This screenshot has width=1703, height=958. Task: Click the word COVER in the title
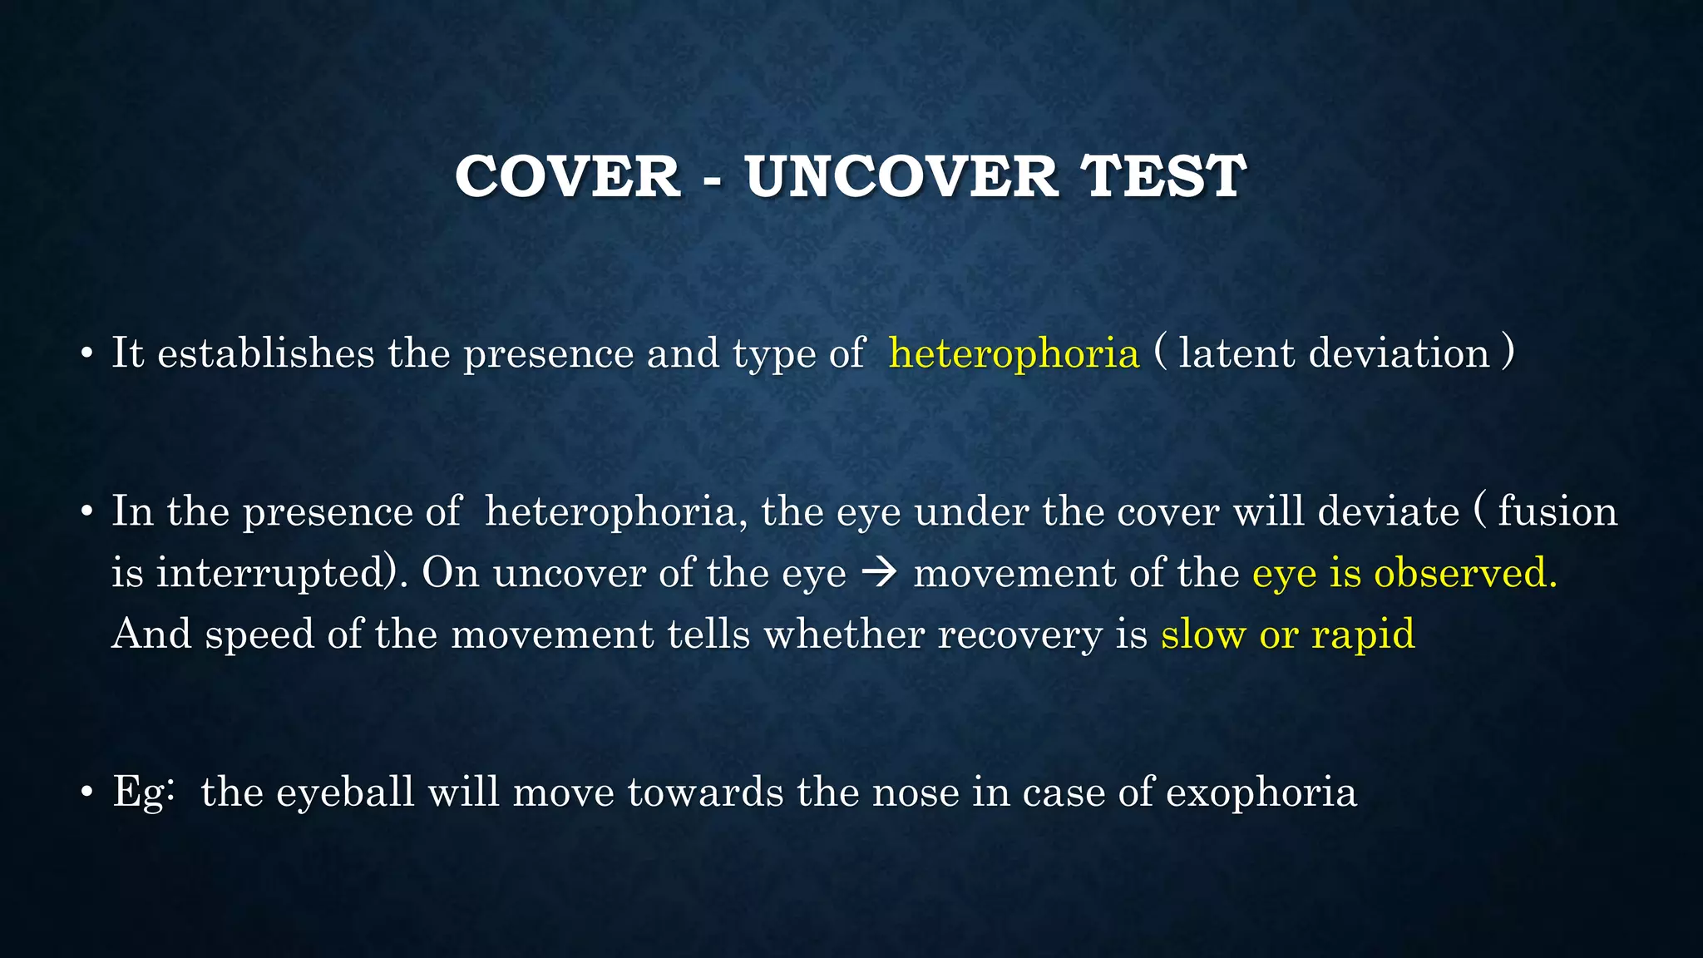click(x=568, y=177)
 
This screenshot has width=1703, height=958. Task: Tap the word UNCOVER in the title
click(x=902, y=177)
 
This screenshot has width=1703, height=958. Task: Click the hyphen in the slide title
click(x=713, y=180)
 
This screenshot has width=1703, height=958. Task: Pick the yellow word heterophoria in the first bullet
click(x=1014, y=353)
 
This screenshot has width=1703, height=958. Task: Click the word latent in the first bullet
click(x=1237, y=353)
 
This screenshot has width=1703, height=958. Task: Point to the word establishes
click(x=266, y=353)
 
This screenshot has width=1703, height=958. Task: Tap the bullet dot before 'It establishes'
click(x=86, y=355)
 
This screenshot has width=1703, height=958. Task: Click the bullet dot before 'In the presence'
click(x=86, y=513)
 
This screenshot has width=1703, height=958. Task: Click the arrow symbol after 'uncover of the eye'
click(x=879, y=574)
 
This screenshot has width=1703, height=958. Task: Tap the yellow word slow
click(x=1203, y=635)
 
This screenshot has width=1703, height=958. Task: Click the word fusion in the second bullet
click(x=1557, y=511)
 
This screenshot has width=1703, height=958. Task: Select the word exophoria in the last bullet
click(x=1261, y=793)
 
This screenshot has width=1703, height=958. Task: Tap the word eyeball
click(x=345, y=793)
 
